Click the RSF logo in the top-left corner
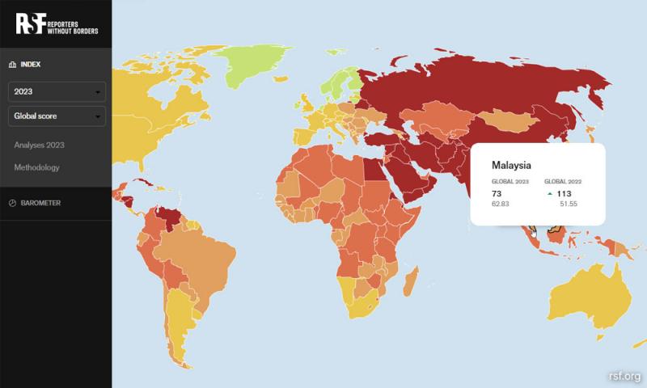[57, 24]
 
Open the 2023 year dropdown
[57, 91]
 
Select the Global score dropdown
[57, 116]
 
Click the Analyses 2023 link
[39, 145]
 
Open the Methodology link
[36, 167]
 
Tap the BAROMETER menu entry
[40, 203]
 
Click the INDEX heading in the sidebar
[31, 64]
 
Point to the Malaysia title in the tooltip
[511, 165]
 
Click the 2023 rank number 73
[497, 194]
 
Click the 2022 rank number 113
[565, 194]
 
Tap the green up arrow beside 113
[550, 194]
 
